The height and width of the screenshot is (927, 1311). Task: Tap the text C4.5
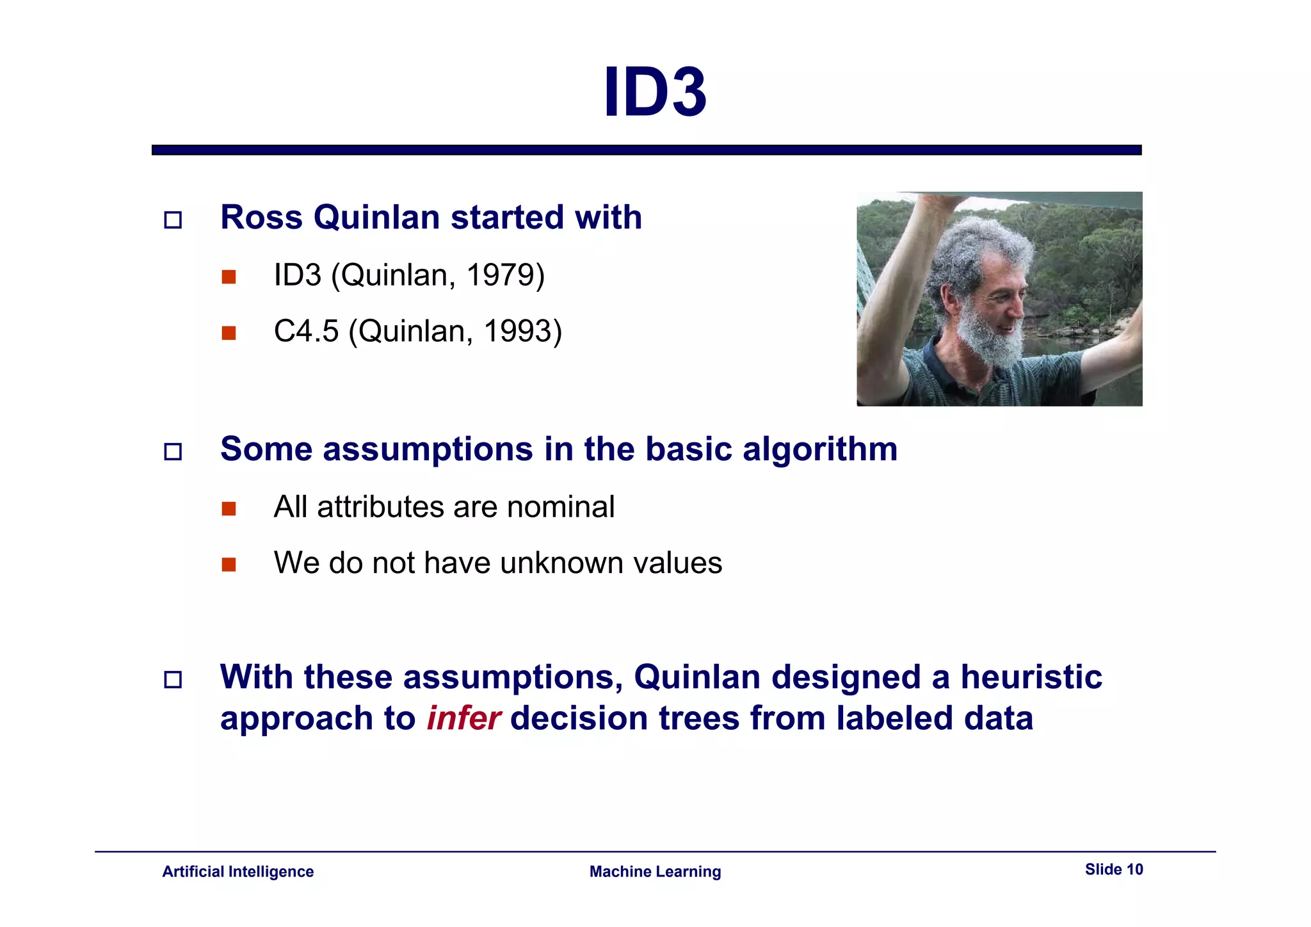(306, 332)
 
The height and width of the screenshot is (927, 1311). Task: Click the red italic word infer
(463, 718)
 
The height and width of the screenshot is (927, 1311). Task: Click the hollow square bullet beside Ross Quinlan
(173, 220)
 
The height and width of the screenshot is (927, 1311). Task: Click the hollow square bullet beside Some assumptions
(173, 452)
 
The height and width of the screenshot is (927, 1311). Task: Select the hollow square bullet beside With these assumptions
(173, 680)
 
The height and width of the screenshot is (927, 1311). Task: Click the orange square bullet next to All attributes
(229, 509)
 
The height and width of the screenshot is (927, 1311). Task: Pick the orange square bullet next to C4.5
(229, 333)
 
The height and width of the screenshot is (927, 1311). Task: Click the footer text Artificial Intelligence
(237, 872)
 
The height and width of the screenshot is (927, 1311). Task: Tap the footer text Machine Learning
(655, 872)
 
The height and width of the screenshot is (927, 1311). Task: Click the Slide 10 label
(1113, 869)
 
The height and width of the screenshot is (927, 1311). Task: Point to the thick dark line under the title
(647, 150)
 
